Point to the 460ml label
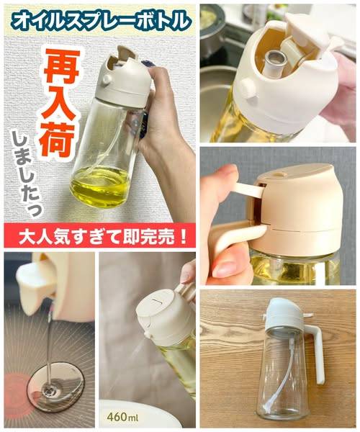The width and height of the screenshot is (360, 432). tap(123, 417)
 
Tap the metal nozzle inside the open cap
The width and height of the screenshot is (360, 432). tap(274, 63)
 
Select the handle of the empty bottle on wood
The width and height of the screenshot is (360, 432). tap(316, 353)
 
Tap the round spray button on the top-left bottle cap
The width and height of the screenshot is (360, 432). tap(106, 80)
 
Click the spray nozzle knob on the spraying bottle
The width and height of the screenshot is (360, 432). tap(148, 335)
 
